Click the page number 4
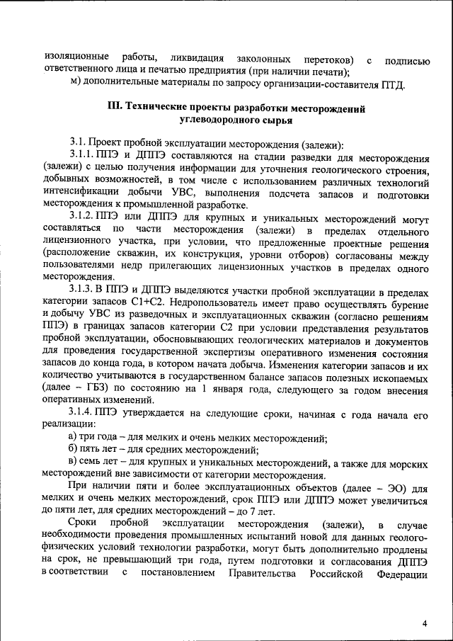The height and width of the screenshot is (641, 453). coord(425,623)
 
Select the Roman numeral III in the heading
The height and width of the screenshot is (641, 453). coord(115,108)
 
